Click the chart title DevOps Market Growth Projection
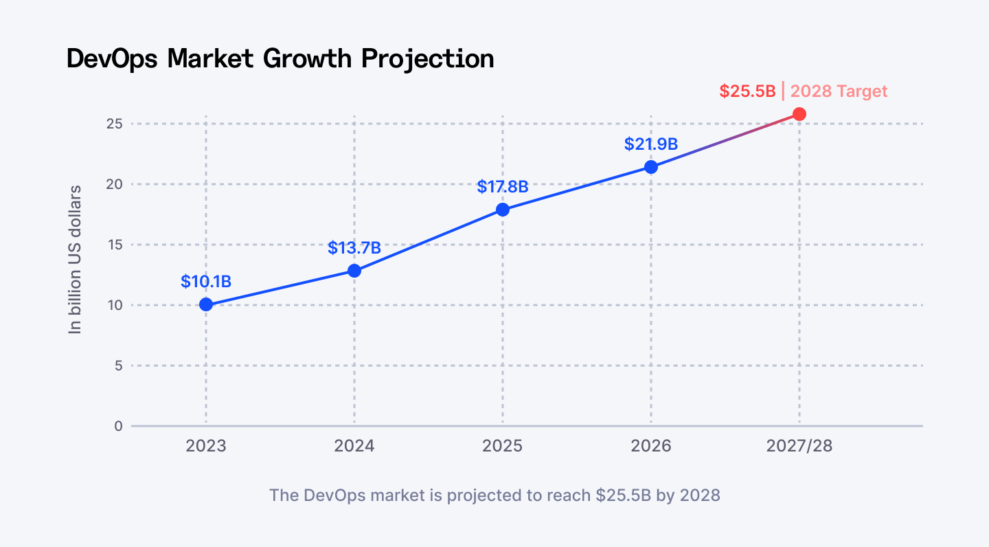(x=280, y=58)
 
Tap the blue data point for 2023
(x=206, y=304)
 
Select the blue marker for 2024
(x=354, y=271)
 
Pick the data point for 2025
(x=503, y=210)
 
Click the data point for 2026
(x=651, y=167)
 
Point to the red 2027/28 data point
(x=799, y=114)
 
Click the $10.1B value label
(x=206, y=281)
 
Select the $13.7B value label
(x=354, y=247)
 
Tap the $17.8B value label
(x=503, y=186)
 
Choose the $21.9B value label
(x=651, y=144)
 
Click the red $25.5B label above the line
(x=747, y=91)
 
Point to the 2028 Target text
(x=839, y=91)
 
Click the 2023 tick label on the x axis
(x=206, y=446)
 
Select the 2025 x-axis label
(x=503, y=446)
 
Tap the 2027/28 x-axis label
(x=799, y=446)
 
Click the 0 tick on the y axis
(x=118, y=426)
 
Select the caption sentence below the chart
(x=494, y=495)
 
